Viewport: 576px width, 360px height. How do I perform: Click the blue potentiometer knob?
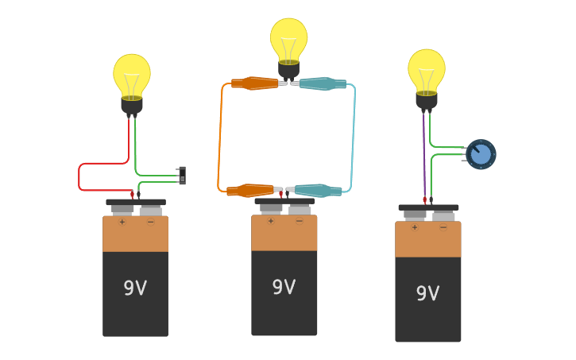481,154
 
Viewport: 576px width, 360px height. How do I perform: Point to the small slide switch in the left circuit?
182,176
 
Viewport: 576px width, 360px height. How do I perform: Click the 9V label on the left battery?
135,288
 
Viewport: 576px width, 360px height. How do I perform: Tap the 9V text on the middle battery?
284,287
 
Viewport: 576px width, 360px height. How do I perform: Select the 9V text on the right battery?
427,293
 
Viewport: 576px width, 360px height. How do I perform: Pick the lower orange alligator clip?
249,191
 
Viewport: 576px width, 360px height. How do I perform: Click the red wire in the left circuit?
79,177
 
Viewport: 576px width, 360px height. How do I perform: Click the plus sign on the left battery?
122,223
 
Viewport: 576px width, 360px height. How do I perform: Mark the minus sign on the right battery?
443,227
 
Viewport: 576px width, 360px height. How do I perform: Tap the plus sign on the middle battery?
270,221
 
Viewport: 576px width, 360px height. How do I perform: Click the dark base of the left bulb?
132,105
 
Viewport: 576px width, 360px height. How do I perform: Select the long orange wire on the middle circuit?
220,135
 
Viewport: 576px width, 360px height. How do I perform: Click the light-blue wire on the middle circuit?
352,135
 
